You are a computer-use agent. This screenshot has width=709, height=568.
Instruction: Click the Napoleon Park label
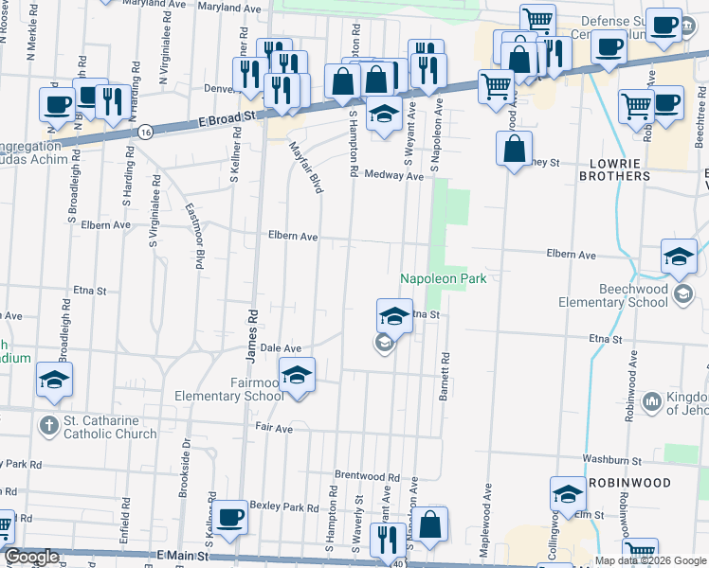(443, 278)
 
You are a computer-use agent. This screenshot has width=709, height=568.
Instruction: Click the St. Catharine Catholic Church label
(110, 428)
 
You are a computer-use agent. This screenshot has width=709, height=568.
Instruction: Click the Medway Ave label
(393, 175)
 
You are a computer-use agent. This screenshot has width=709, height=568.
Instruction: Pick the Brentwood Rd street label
(367, 475)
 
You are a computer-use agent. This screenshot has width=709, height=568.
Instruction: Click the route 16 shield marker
(144, 133)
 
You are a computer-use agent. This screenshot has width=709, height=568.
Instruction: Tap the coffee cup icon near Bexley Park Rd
(229, 517)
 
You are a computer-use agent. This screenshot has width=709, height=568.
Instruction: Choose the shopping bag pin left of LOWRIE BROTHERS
(514, 149)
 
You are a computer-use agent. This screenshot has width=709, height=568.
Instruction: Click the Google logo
(31, 557)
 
